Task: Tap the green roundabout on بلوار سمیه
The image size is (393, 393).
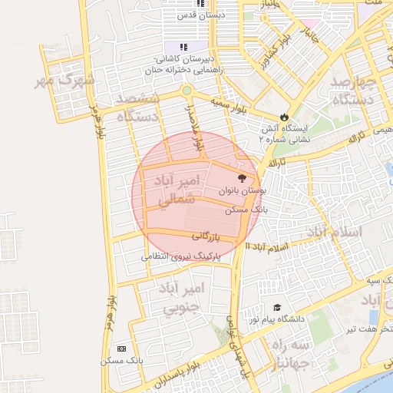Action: pyautogui.click(x=187, y=91)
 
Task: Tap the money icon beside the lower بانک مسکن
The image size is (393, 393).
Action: pyautogui.click(x=121, y=348)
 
